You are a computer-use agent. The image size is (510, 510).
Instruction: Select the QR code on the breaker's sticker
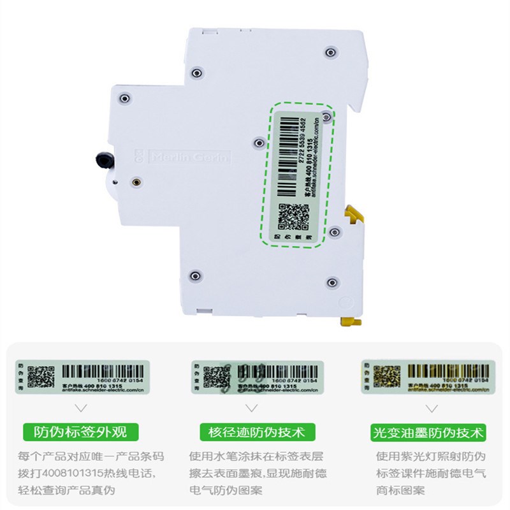coord(292,217)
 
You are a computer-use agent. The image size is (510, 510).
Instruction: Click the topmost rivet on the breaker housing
coord(329,52)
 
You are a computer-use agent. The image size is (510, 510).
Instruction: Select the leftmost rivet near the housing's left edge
coord(124,98)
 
